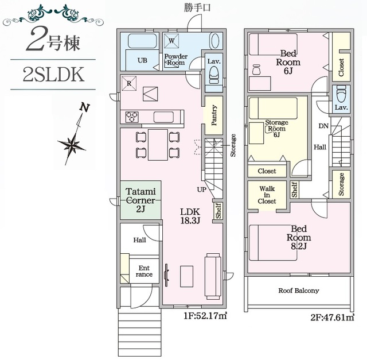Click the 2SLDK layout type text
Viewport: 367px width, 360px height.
[x=53, y=74]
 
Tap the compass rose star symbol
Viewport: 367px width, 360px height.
[x=71, y=145]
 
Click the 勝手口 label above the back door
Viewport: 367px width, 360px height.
[x=197, y=7]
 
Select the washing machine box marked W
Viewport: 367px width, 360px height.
[x=171, y=41]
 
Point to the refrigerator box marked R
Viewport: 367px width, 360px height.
[x=129, y=83]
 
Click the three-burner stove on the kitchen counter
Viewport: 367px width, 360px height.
[x=132, y=117]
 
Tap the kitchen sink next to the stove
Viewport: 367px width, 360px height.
[x=163, y=117]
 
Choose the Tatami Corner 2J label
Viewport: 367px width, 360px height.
[x=140, y=200]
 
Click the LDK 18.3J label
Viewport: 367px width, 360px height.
[x=190, y=216]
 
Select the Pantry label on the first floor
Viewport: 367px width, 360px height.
[x=214, y=115]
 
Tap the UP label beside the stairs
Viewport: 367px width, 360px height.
[x=201, y=189]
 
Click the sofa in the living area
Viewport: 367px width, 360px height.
[x=213, y=276]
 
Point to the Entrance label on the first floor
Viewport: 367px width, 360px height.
[x=144, y=271]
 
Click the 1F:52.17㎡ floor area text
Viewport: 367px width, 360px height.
[x=205, y=316]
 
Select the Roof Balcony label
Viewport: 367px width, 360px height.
[x=299, y=291]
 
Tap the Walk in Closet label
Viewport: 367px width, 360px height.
[x=267, y=195]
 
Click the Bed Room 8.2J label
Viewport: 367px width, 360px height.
[x=299, y=238]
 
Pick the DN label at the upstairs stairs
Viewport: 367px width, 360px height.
[x=323, y=126]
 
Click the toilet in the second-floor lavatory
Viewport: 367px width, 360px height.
[x=341, y=93]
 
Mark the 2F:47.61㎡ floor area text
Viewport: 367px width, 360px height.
[x=333, y=318]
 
